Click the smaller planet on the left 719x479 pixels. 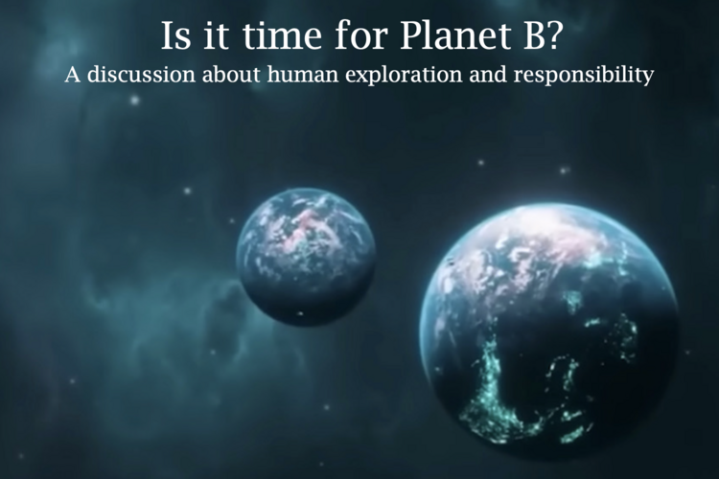pyautogui.click(x=306, y=256)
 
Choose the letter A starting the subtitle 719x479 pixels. pyautogui.click(x=73, y=75)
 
